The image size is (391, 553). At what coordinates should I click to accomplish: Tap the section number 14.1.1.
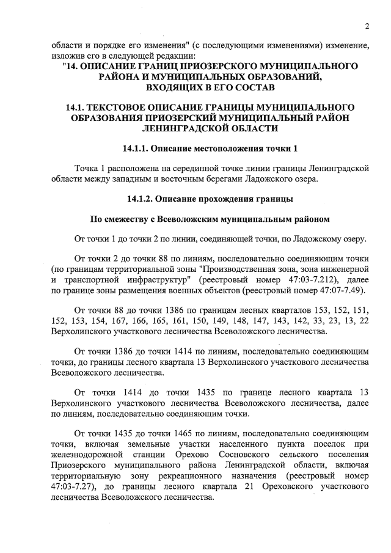135,148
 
